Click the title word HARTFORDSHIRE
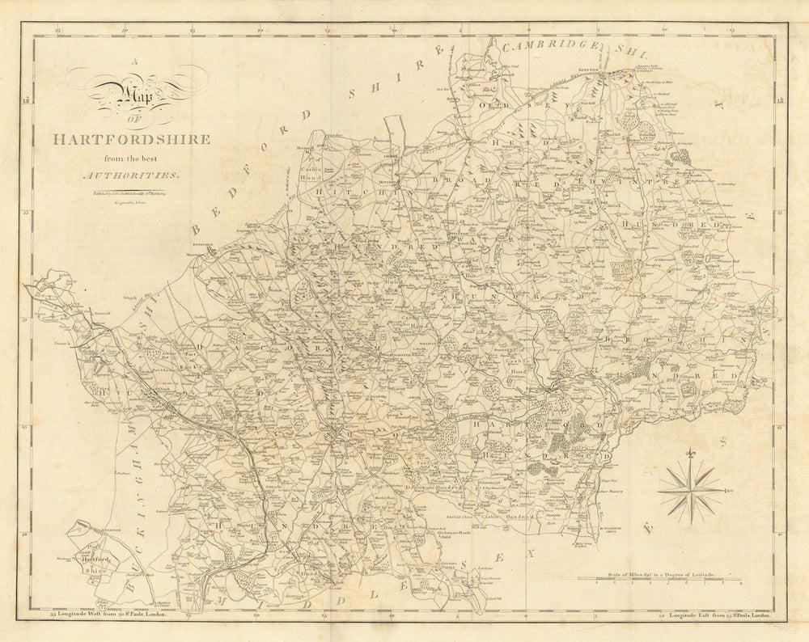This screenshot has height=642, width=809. [131, 139]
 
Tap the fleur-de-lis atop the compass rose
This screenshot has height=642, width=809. [689, 455]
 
